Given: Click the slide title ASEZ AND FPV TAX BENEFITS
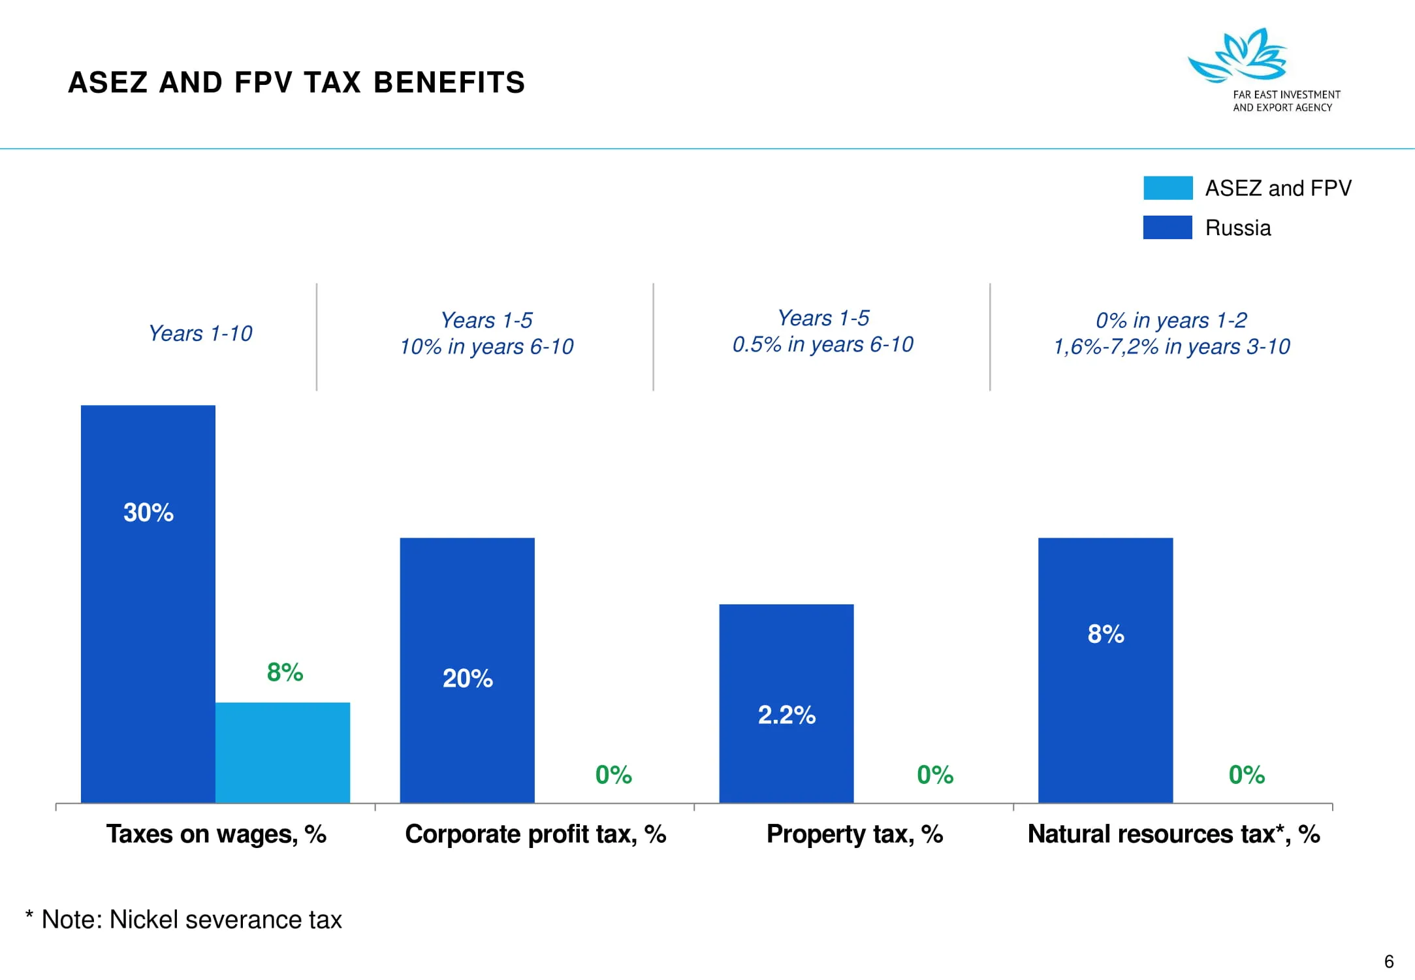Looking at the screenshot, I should [x=296, y=83].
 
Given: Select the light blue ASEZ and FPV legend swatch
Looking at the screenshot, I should [x=1168, y=188].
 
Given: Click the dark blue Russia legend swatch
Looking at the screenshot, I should [x=1168, y=227].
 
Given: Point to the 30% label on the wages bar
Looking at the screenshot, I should [x=148, y=512].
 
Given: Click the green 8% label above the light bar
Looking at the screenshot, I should [x=285, y=672].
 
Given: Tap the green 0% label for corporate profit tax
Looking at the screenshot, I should [x=613, y=775].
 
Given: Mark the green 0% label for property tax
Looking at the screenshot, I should [x=934, y=775].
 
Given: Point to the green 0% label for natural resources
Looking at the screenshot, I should [x=1246, y=775].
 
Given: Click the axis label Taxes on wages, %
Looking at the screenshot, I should [x=216, y=834].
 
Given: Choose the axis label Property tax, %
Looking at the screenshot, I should [x=854, y=834].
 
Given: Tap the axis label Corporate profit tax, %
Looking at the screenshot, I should [x=535, y=834].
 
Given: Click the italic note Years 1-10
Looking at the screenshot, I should [x=200, y=333].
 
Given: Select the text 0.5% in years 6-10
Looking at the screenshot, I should [x=823, y=344].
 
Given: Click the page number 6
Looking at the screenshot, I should [x=1389, y=962].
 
